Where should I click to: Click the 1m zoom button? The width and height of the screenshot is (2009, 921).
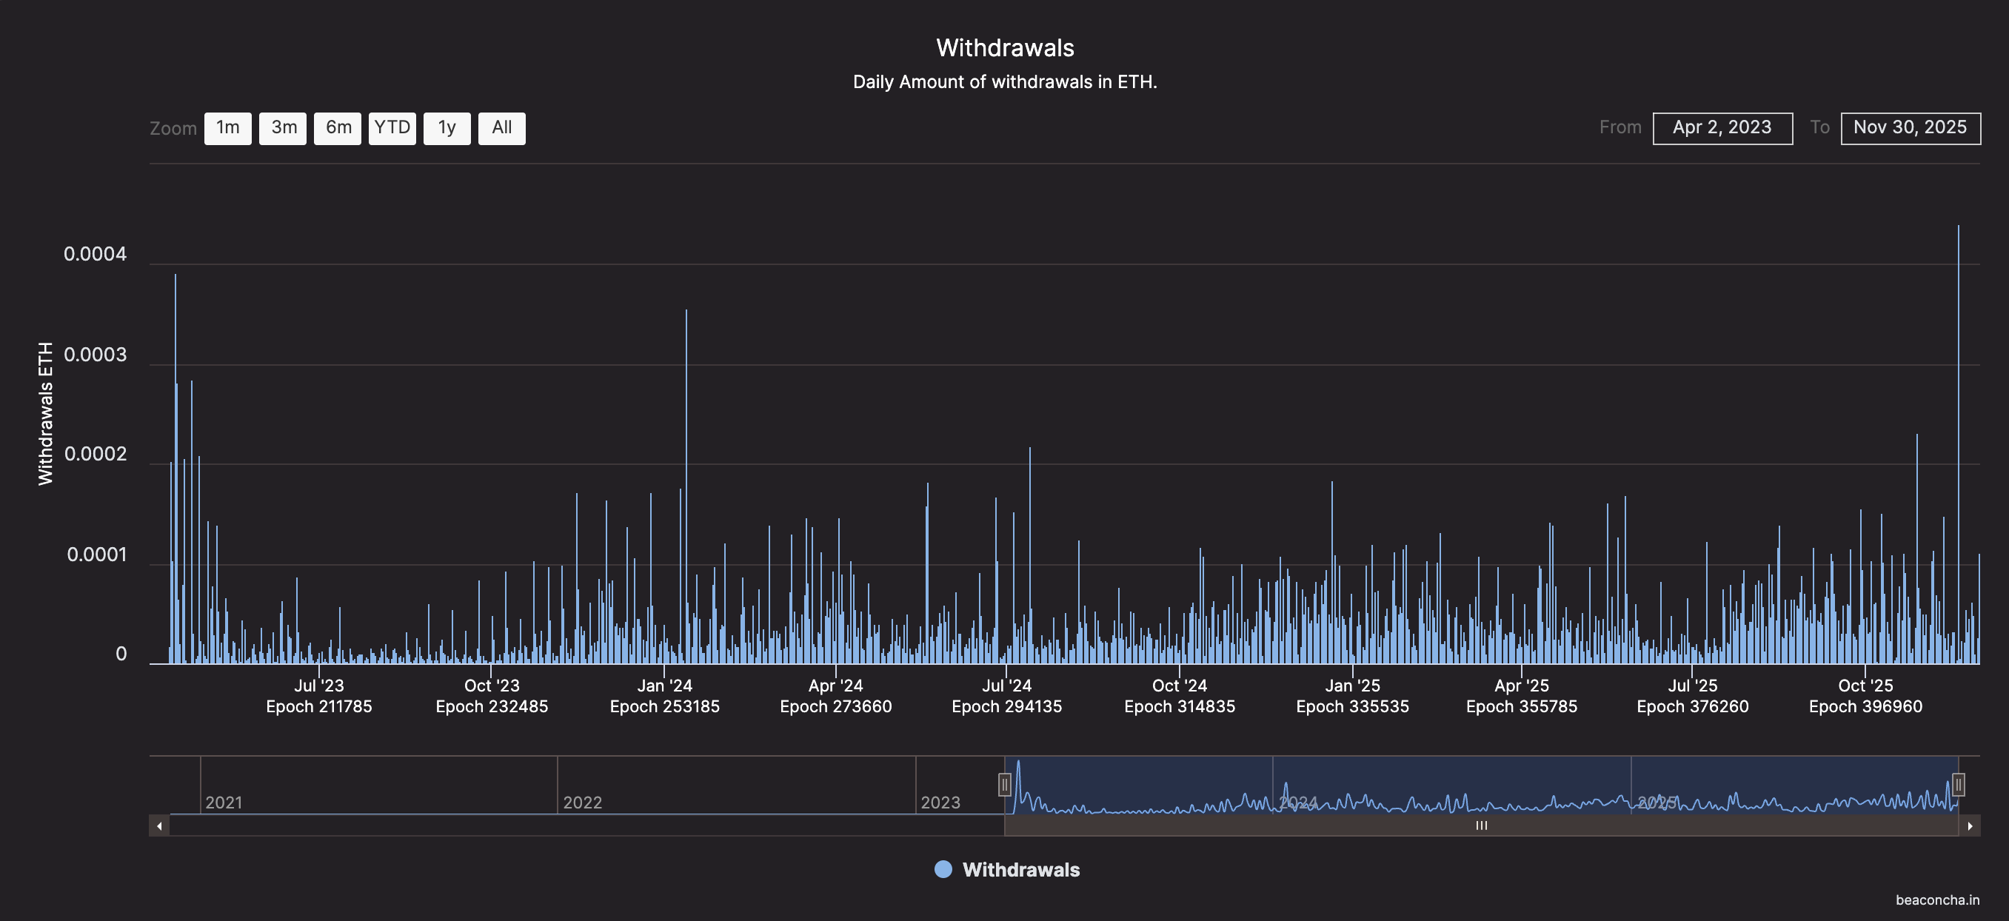(228, 128)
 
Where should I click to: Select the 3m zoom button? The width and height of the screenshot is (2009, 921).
(283, 128)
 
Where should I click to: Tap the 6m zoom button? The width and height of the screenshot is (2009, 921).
(338, 128)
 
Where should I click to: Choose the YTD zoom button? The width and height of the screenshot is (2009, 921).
(392, 128)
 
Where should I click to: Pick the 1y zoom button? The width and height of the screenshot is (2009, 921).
(447, 128)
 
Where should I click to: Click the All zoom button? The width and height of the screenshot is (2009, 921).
(501, 128)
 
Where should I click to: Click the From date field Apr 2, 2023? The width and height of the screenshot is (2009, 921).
(1722, 128)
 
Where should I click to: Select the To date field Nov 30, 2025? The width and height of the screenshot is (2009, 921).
(1910, 128)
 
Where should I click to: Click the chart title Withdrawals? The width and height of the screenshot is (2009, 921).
(1004, 47)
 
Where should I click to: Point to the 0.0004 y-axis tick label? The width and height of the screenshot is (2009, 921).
(95, 254)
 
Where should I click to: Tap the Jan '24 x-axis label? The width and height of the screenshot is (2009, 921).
(664, 686)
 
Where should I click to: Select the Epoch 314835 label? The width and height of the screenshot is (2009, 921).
(1179, 706)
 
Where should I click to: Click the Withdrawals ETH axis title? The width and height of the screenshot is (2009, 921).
(45, 413)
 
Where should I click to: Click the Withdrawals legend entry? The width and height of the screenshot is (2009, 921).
(1007, 869)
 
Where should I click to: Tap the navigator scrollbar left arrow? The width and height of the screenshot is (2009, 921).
(159, 825)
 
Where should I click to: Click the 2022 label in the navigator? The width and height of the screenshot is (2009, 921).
(583, 803)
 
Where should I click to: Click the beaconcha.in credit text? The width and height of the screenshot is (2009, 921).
(1937, 900)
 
